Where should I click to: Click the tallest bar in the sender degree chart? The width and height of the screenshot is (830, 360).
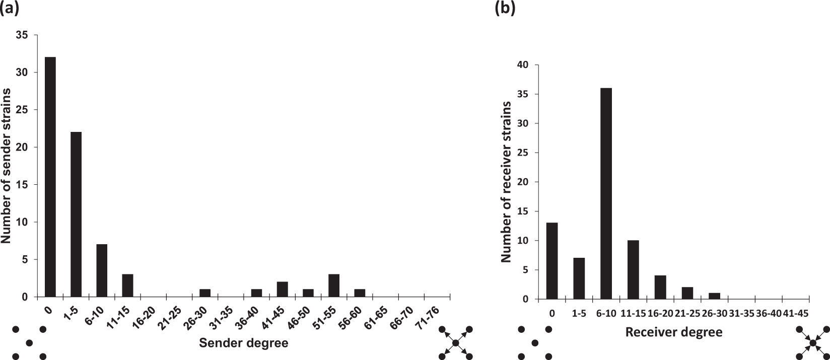click(50, 177)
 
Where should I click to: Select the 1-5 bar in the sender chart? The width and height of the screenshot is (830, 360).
click(76, 214)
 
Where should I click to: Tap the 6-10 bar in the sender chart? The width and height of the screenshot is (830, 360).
click(102, 270)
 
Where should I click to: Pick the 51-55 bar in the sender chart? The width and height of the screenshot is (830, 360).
click(334, 285)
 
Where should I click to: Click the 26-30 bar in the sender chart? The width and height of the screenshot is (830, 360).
click(205, 293)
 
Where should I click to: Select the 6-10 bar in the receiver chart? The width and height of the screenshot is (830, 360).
click(606, 193)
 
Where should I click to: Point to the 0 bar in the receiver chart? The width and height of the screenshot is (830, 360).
click(552, 261)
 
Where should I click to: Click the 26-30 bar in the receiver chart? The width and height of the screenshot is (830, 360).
click(714, 296)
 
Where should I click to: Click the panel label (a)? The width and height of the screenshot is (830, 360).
click(10, 9)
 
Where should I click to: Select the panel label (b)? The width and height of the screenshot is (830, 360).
click(506, 9)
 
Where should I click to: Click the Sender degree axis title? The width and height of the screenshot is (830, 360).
click(244, 343)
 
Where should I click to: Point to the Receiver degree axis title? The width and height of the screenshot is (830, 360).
click(673, 332)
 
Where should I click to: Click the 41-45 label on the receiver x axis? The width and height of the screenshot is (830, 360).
click(795, 313)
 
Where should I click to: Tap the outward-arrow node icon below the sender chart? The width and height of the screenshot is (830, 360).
click(455, 343)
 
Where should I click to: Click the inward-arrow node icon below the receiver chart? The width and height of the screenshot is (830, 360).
click(812, 343)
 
